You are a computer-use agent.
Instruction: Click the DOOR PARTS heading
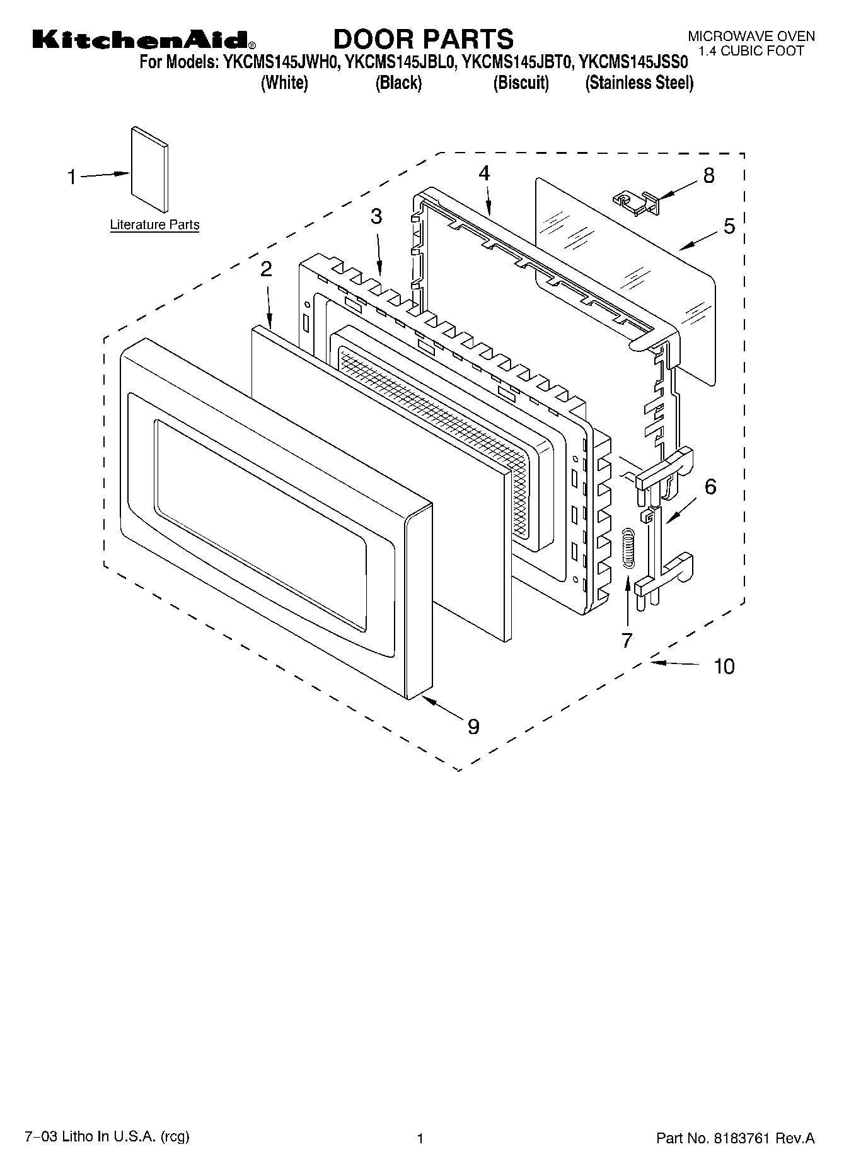pos(423,39)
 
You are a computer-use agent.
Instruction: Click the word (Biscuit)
pos(521,83)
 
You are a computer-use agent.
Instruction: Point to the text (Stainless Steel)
pos(639,83)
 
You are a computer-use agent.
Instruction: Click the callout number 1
pos(72,177)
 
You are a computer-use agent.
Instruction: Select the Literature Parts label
pos(154,224)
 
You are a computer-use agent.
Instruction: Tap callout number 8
pos(709,175)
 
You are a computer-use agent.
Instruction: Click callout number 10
pos(724,666)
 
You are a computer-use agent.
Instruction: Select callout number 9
pos(473,726)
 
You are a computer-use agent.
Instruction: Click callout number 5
pos(729,226)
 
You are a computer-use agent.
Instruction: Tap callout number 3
pos(376,216)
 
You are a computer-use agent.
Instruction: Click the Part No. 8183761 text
pos(735,1138)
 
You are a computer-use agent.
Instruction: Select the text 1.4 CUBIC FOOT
pos(751,51)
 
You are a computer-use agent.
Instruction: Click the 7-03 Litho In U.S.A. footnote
pos(107,1137)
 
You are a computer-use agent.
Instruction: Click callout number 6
pos(710,486)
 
